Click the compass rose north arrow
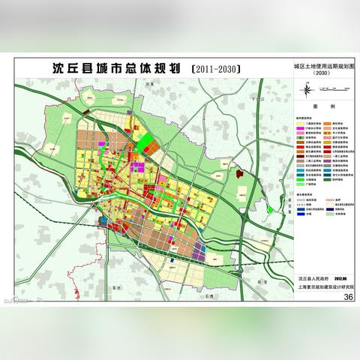point(307,91)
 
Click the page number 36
point(347,297)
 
